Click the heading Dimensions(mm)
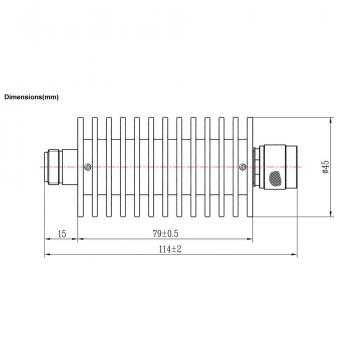(x=31, y=97)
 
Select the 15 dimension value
(x=62, y=234)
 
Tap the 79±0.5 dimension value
(x=165, y=234)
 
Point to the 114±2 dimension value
(x=170, y=249)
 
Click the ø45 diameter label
(x=325, y=167)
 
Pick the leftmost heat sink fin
(x=80, y=167)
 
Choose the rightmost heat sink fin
(x=250, y=167)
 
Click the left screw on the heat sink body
(x=88, y=167)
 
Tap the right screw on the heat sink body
(x=243, y=167)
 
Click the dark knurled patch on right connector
(x=275, y=178)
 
